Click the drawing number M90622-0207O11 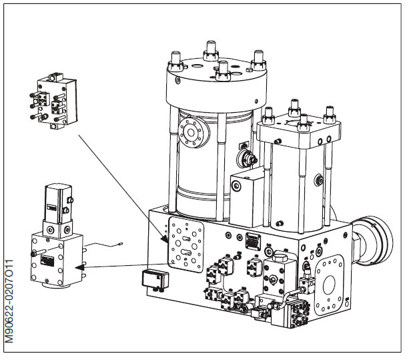click(9, 301)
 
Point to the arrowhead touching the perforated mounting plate click(165, 238)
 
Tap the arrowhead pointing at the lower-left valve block click(79, 266)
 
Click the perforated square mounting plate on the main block click(185, 244)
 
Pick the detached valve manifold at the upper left click(54, 101)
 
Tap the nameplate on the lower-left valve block click(47, 260)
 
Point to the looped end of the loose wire click(120, 243)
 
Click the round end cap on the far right click(374, 240)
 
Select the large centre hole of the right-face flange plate click(329, 285)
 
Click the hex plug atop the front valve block click(280, 257)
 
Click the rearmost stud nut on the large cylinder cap click(212, 51)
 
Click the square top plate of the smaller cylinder click(299, 132)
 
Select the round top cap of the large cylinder click(216, 83)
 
